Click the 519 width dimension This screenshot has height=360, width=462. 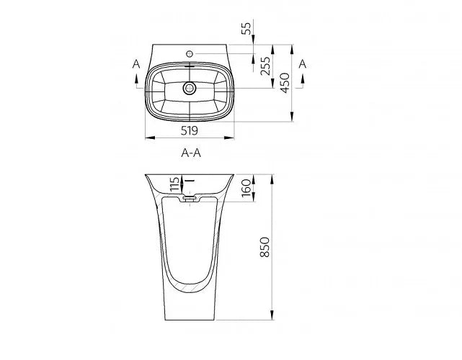point(190,130)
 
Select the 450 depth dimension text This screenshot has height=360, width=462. point(285,83)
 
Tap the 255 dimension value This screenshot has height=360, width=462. point(265,66)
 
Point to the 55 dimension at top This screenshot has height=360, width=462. point(246,28)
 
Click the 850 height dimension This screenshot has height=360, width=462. point(265,247)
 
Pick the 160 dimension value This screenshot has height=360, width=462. point(246,188)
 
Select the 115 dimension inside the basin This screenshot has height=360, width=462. point(174,184)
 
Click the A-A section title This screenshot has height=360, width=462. point(191,153)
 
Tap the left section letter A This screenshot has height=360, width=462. point(136,63)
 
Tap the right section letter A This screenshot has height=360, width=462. point(303,63)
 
